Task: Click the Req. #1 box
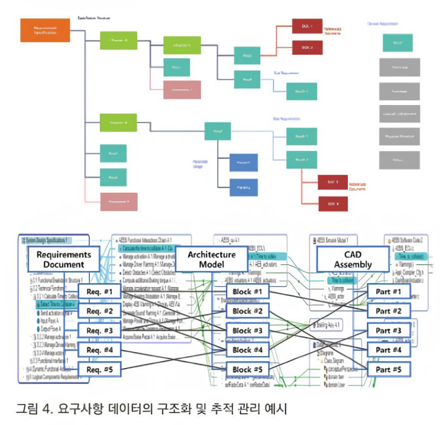tap(99, 291)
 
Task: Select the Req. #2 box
tap(99, 311)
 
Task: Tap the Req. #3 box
tap(99, 330)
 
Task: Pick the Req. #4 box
tap(99, 350)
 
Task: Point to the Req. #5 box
tap(99, 370)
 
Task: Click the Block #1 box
tap(247, 292)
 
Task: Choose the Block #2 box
tap(247, 311)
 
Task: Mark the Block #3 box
tap(247, 331)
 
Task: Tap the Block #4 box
tap(247, 350)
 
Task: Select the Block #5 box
tap(247, 370)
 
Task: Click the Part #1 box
tap(388, 292)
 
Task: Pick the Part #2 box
tap(388, 311)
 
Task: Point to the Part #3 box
tap(388, 331)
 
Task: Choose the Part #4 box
tap(388, 350)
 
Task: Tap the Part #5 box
tap(388, 370)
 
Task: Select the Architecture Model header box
tap(211, 259)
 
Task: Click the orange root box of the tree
tap(45, 30)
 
